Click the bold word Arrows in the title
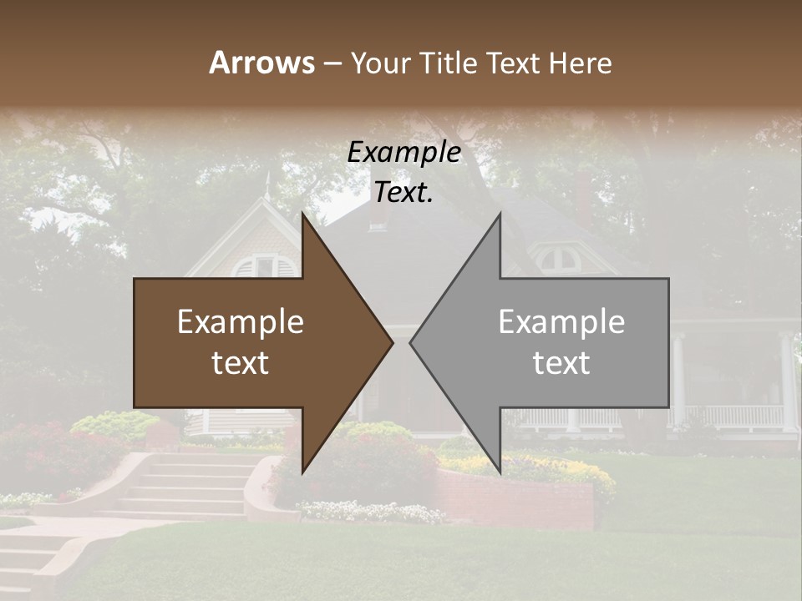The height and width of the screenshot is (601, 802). (x=261, y=63)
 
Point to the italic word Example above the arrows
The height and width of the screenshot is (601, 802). (x=404, y=153)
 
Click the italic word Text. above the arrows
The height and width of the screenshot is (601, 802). (x=404, y=193)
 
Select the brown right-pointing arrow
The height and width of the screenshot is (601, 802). (x=251, y=342)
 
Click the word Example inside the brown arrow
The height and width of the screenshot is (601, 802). (x=241, y=322)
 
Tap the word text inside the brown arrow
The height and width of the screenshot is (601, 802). (x=241, y=363)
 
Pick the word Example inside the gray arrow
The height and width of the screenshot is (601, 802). (x=561, y=322)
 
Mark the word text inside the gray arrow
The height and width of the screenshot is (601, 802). (x=561, y=363)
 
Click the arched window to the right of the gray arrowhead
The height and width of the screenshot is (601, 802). (x=559, y=258)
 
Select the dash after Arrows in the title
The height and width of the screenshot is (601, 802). (x=332, y=63)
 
